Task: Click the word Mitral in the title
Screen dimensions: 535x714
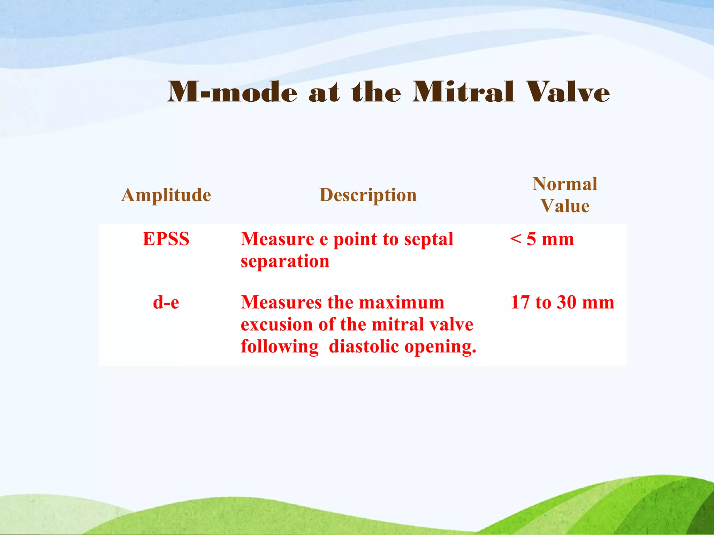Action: (463, 92)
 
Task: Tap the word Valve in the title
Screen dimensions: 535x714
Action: (568, 92)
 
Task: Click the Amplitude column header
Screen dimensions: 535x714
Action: (166, 195)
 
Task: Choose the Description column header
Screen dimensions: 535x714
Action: (368, 195)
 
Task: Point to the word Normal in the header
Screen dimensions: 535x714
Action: (565, 184)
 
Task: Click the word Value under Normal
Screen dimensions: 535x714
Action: (565, 206)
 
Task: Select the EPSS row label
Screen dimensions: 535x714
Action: (166, 239)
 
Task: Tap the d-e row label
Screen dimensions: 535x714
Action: (166, 302)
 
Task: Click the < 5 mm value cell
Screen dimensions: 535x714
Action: (542, 239)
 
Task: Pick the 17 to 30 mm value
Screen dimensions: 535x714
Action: (562, 302)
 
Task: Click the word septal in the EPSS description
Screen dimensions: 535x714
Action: (429, 239)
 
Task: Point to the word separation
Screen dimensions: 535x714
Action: (285, 261)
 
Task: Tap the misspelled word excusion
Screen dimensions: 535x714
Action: (276, 325)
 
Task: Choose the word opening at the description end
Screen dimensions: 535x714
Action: (440, 347)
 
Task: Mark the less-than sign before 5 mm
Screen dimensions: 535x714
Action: (516, 239)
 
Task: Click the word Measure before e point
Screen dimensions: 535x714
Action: (278, 239)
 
